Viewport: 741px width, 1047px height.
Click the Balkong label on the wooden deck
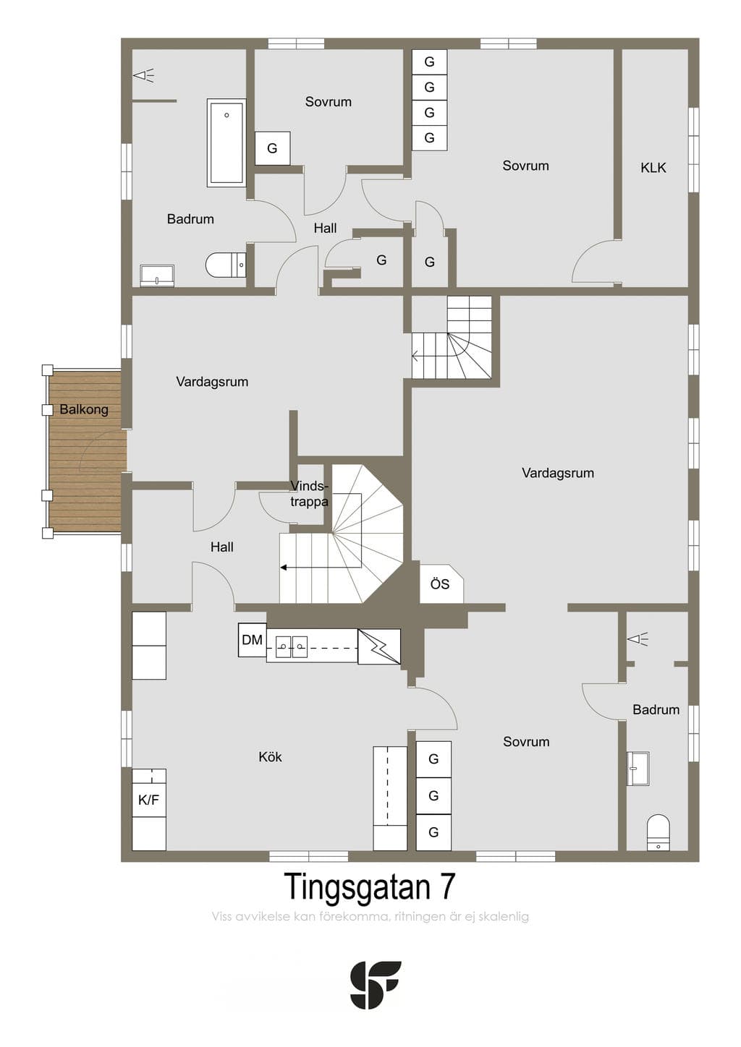click(x=84, y=410)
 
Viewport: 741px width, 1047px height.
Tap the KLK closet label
click(x=653, y=168)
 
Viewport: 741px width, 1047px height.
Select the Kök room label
click(x=270, y=757)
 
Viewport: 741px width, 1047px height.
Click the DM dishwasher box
click(x=252, y=639)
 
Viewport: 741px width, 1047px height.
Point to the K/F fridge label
click(x=149, y=800)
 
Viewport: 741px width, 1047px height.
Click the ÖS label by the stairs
click(x=440, y=584)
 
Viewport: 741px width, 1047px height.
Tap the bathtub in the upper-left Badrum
click(x=226, y=142)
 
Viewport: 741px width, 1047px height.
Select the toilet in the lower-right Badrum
click(x=659, y=832)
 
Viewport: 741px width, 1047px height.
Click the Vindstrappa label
click(x=309, y=494)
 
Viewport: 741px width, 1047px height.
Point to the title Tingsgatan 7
click(x=369, y=886)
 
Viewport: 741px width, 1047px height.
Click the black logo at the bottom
click(x=376, y=984)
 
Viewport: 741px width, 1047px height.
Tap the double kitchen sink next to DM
click(x=291, y=647)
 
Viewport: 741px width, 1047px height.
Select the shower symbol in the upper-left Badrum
click(x=144, y=75)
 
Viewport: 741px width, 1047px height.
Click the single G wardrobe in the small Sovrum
click(x=272, y=148)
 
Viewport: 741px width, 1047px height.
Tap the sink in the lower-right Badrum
click(x=638, y=767)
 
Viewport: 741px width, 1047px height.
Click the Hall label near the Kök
click(x=221, y=547)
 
